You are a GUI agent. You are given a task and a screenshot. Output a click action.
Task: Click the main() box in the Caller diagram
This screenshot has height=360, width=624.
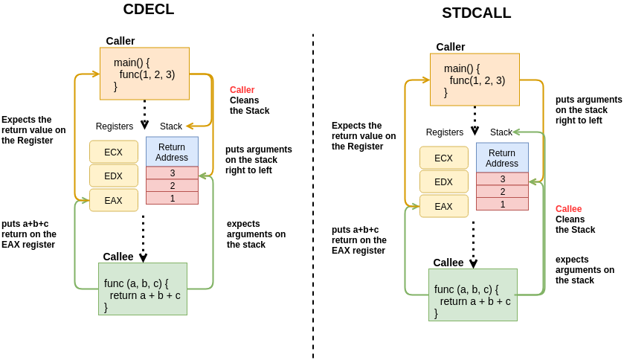(x=144, y=74)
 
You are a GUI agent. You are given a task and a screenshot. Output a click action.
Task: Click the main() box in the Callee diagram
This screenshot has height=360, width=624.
(x=475, y=80)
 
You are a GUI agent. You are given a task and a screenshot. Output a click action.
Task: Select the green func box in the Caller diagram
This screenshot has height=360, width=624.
(x=143, y=289)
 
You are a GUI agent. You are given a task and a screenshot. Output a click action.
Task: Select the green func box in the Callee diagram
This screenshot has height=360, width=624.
(x=472, y=295)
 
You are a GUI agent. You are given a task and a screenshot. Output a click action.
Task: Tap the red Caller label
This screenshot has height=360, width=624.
(x=242, y=90)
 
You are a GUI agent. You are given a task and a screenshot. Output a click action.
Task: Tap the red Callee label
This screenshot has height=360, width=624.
(x=568, y=209)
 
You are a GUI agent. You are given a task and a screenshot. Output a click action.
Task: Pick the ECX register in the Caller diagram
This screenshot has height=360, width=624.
(x=114, y=152)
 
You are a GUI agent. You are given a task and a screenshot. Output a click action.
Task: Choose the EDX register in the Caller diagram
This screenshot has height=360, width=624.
(x=114, y=176)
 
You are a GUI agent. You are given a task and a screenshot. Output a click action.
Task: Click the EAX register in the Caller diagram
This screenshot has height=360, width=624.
(x=114, y=200)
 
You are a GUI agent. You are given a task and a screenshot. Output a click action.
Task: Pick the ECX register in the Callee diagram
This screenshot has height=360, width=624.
(x=444, y=158)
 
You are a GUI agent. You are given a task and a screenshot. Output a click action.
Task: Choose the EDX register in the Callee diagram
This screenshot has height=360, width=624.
(x=444, y=182)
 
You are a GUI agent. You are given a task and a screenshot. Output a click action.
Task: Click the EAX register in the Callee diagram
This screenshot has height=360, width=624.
(x=444, y=206)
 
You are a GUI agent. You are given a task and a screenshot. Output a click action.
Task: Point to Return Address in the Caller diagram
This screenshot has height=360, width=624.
(x=172, y=152)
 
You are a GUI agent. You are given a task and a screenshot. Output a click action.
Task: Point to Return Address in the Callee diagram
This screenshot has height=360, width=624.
(x=502, y=158)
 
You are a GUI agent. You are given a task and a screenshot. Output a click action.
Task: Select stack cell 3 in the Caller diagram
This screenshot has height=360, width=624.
(x=172, y=173)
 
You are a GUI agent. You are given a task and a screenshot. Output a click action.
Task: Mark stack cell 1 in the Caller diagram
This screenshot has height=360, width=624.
(x=172, y=198)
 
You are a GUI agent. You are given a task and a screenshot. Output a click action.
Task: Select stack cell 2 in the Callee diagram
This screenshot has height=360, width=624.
(x=502, y=191)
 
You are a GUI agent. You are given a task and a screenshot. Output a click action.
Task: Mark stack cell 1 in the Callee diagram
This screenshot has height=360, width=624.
(x=502, y=204)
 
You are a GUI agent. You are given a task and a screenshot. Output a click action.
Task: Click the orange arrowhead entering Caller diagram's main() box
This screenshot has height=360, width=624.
(x=95, y=74)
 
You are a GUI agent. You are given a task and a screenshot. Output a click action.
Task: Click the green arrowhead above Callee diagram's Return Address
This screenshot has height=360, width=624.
(x=515, y=132)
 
